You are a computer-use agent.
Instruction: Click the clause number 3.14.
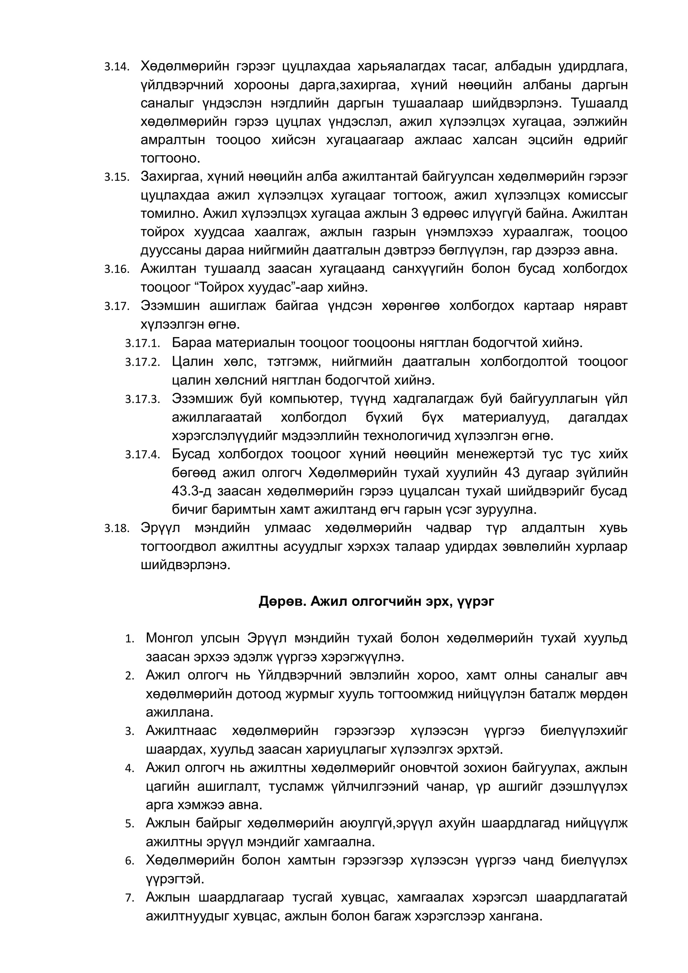[117, 67]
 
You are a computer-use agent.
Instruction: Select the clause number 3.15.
[117, 178]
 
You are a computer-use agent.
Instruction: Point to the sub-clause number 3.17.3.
[142, 400]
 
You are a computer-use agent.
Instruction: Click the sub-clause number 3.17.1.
[142, 344]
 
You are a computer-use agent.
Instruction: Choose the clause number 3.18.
[117, 529]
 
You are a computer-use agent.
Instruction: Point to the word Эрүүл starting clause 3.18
[160, 528]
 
